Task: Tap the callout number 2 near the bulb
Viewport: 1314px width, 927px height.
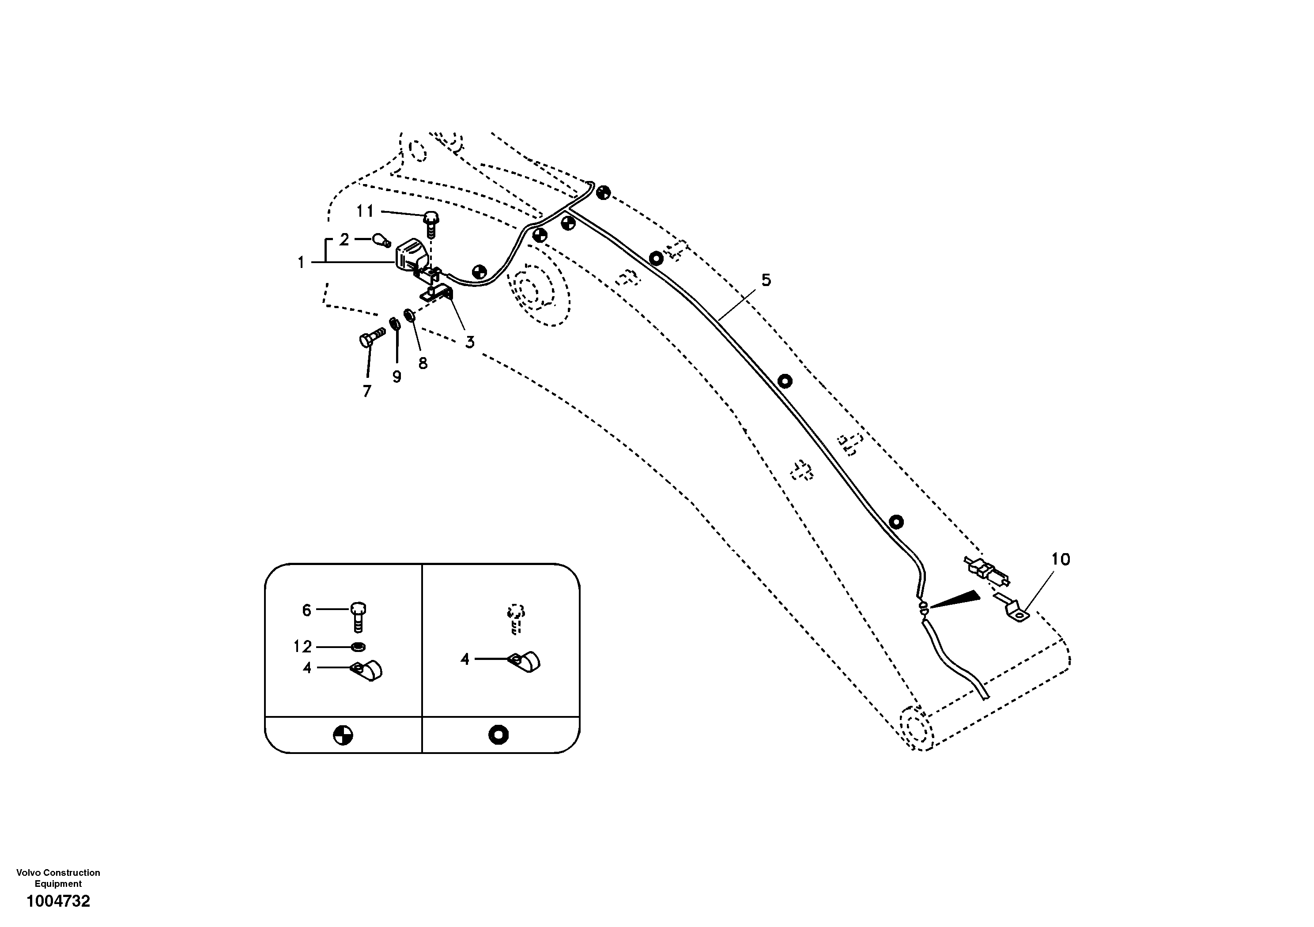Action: pyautogui.click(x=344, y=239)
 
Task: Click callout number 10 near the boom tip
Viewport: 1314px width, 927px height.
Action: pyautogui.click(x=1061, y=559)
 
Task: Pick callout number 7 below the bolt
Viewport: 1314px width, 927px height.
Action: pyautogui.click(x=367, y=391)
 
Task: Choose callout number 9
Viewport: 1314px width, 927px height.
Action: pyautogui.click(x=396, y=377)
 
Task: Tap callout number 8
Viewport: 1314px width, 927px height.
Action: pyautogui.click(x=423, y=363)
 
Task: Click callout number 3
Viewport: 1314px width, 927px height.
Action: pyautogui.click(x=470, y=342)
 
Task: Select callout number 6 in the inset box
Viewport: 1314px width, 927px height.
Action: pyautogui.click(x=307, y=610)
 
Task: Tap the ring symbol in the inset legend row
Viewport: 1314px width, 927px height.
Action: pyautogui.click(x=498, y=735)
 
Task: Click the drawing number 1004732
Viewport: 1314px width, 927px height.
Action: pyautogui.click(x=58, y=901)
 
